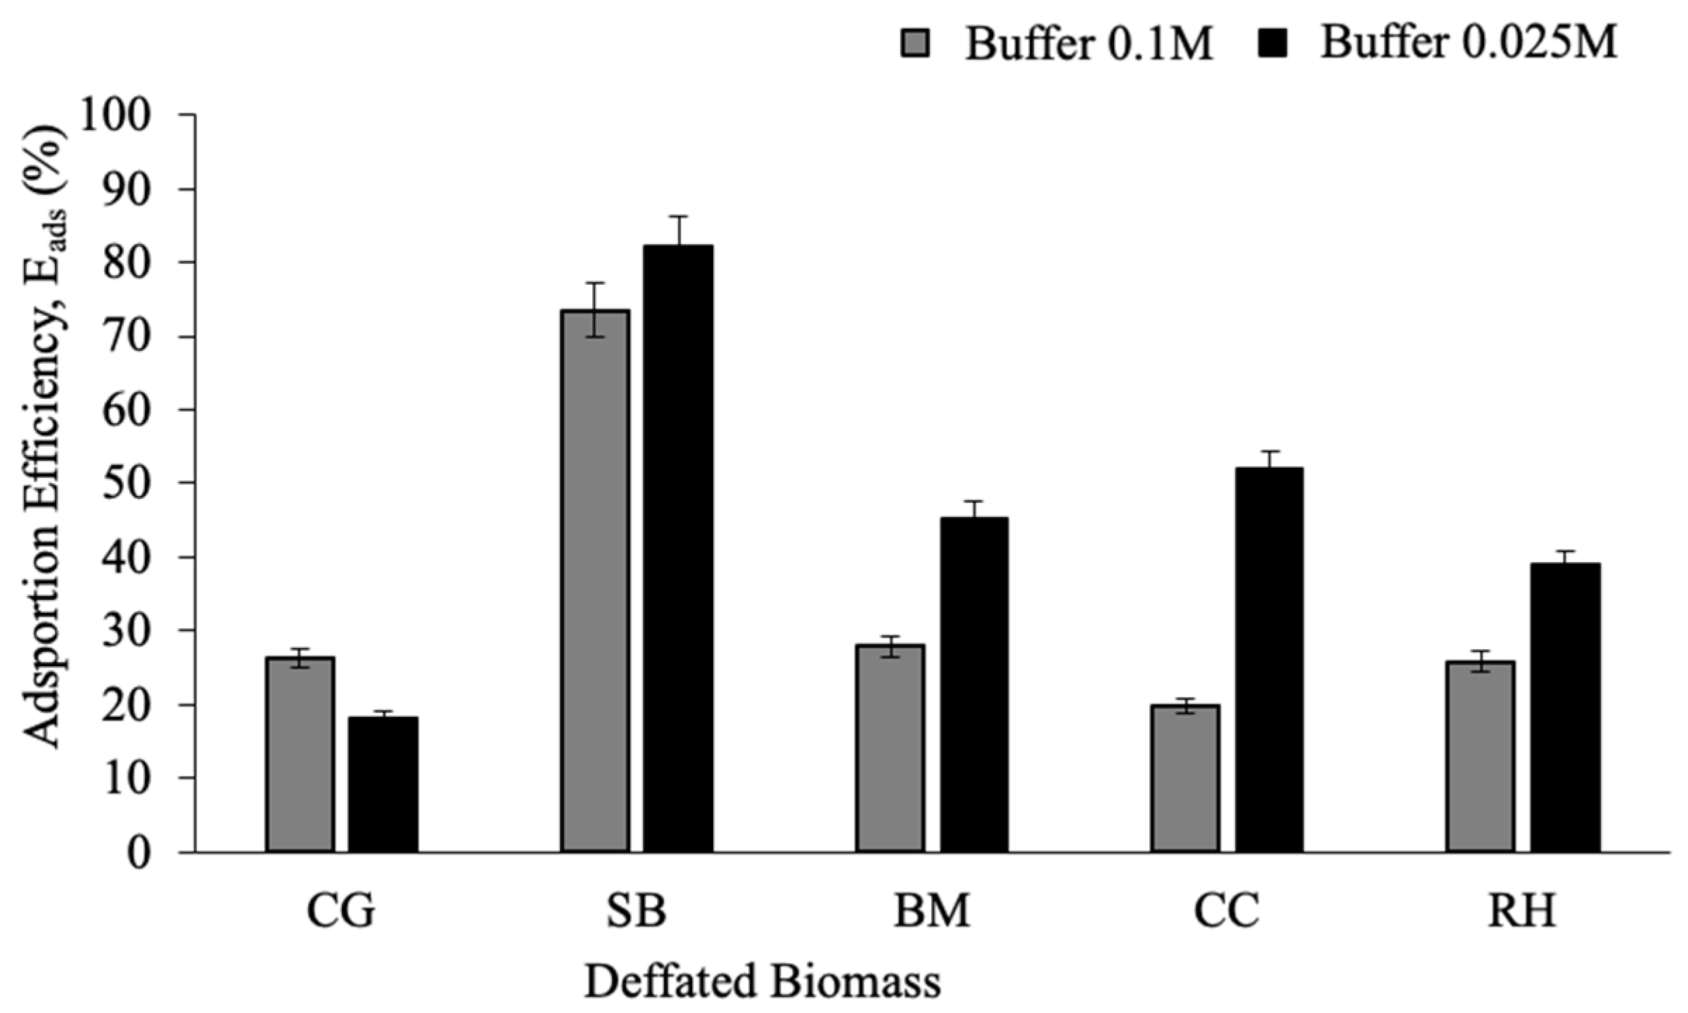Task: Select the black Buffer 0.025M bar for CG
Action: click(383, 784)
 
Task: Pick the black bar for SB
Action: click(679, 549)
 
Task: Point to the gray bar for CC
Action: click(1186, 778)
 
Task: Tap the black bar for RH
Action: click(1565, 707)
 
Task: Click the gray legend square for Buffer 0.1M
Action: click(915, 44)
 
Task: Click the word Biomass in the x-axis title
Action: click(855, 982)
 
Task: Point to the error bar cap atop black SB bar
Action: click(679, 217)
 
